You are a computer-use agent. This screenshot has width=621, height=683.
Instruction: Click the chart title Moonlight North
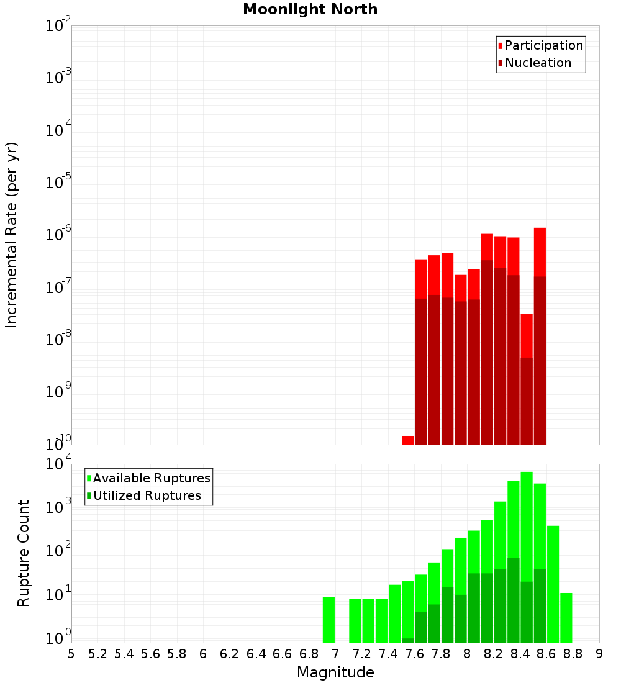[x=310, y=9]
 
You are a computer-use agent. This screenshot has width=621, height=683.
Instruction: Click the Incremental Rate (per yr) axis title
[x=12, y=235]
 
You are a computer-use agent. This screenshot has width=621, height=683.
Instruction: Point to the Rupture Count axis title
[x=24, y=553]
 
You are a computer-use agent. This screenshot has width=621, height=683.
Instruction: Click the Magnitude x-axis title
[x=335, y=672]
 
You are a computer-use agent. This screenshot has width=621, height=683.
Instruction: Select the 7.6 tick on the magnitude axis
[x=414, y=654]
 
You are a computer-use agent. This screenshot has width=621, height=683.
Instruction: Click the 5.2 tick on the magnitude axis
[x=97, y=654]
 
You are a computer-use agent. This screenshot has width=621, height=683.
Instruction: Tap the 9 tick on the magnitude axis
[x=599, y=654]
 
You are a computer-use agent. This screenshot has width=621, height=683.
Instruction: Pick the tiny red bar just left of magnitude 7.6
[x=407, y=440]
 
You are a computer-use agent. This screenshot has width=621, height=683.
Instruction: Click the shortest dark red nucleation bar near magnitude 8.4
[x=527, y=400]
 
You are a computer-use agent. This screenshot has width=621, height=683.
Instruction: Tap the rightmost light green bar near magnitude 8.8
[x=566, y=617]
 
